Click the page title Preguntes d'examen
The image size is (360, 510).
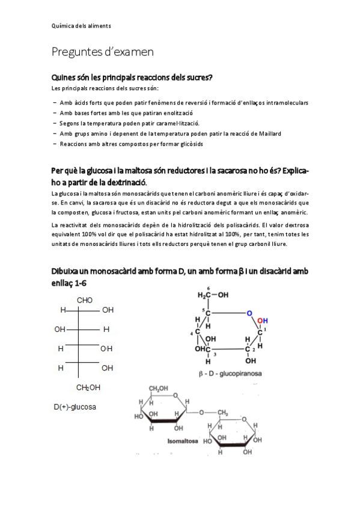(102, 52)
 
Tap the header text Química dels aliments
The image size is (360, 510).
(81, 26)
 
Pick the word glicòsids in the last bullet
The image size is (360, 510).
(191, 144)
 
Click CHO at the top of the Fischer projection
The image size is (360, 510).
(85, 300)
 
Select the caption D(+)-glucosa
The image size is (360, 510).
(75, 407)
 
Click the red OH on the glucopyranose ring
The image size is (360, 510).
(263, 321)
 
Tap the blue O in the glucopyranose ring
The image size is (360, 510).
(249, 313)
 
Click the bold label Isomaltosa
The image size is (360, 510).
(183, 441)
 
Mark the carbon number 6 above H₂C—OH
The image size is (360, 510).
(209, 287)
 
